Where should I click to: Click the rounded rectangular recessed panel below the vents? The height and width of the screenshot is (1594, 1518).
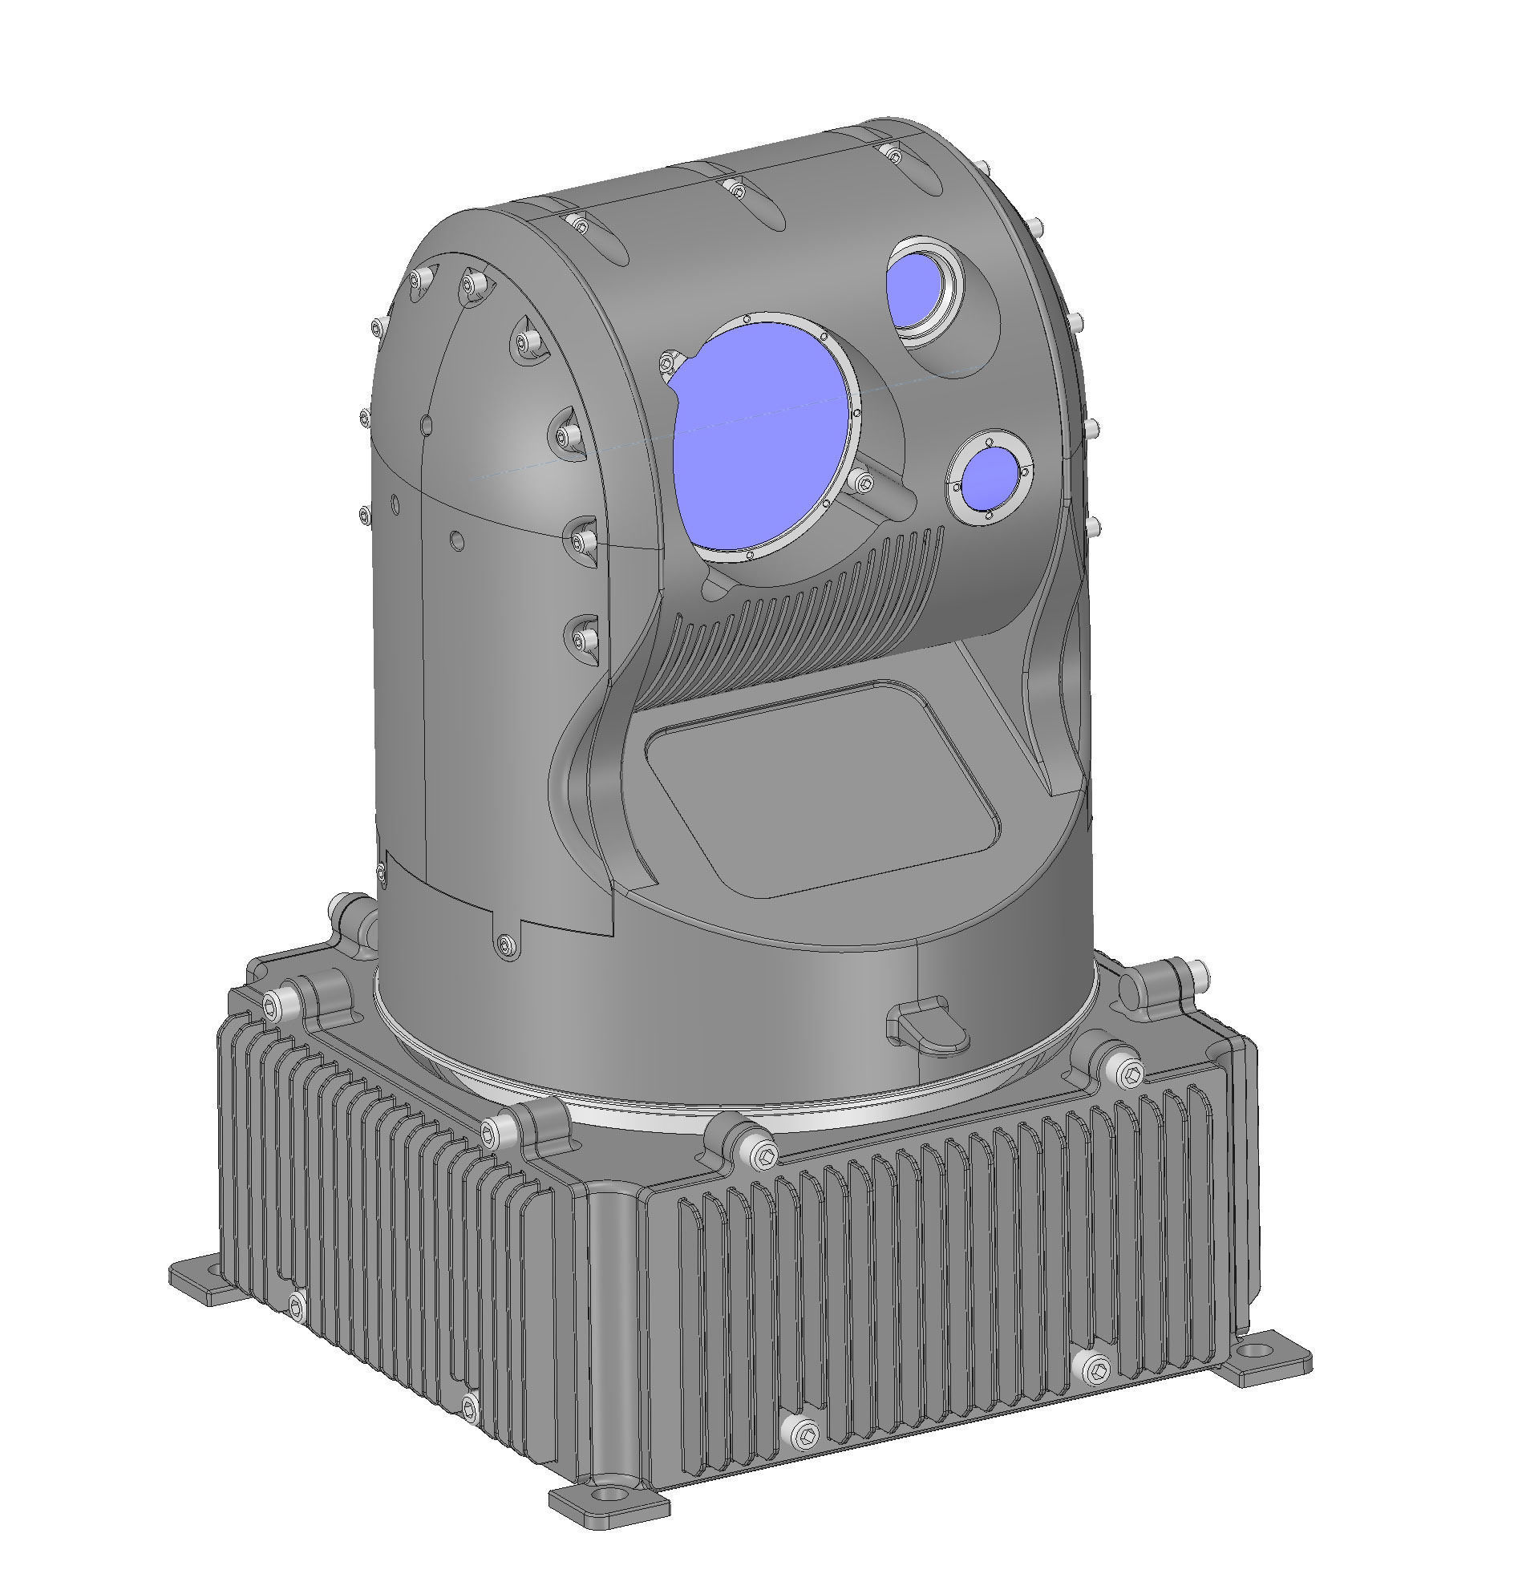pyautogui.click(x=821, y=786)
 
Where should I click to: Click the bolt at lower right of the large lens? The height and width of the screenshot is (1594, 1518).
pyautogui.click(x=863, y=483)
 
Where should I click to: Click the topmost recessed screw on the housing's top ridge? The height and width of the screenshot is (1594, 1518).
pyautogui.click(x=893, y=153)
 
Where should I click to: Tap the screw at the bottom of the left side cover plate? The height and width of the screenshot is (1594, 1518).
pyautogui.click(x=507, y=943)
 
